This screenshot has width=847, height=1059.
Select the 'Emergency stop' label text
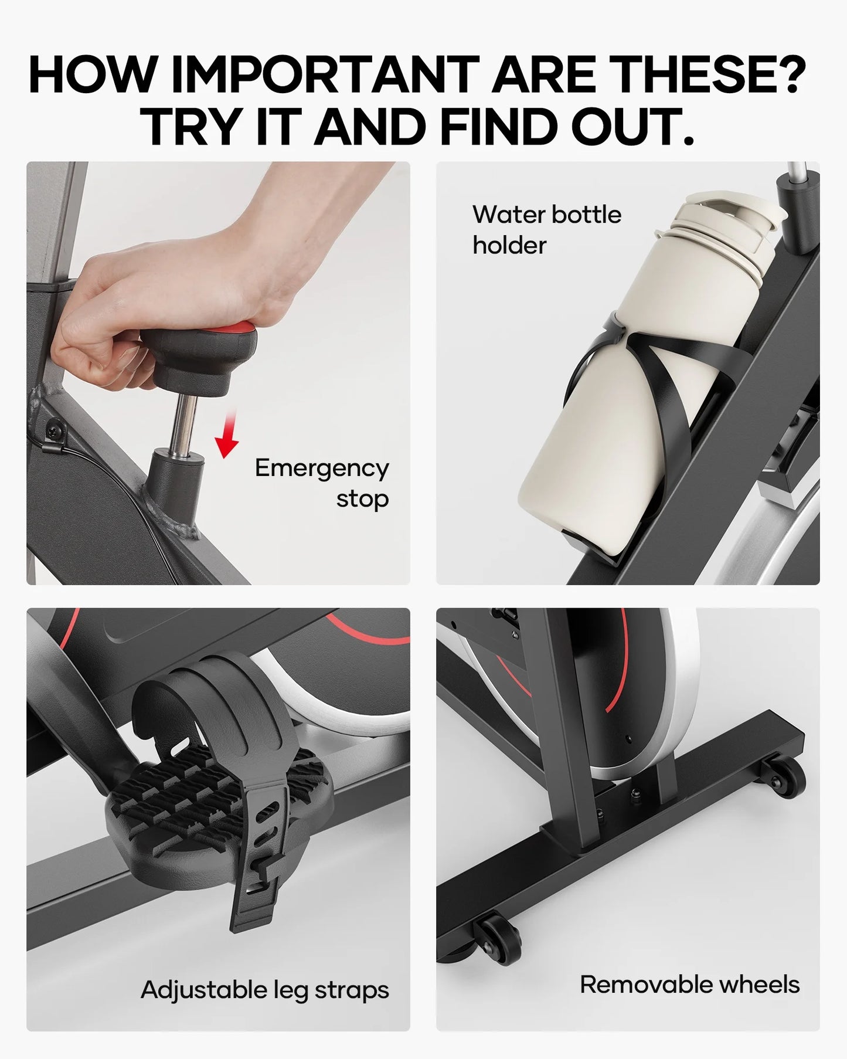(322, 483)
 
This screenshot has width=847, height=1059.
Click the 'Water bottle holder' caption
(546, 229)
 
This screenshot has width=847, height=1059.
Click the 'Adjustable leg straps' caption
(265, 990)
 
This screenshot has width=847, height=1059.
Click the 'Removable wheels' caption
(689, 985)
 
